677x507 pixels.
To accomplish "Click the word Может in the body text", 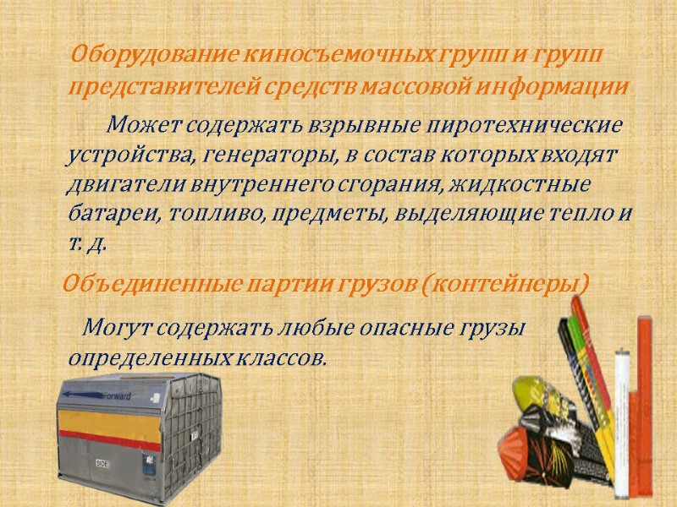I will tap(144, 127).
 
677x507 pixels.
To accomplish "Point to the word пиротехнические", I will tap(526, 127).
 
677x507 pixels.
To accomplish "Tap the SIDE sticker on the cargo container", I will tap(102, 462).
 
